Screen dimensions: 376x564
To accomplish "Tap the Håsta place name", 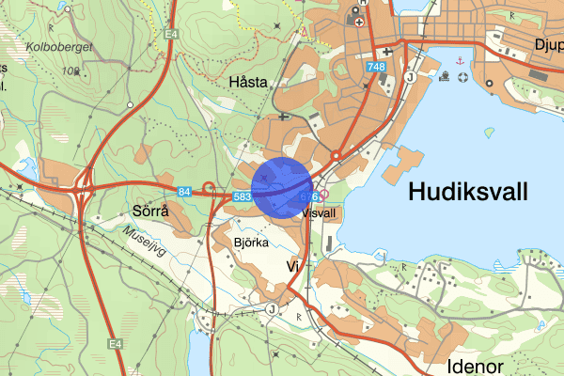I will tap(248, 83).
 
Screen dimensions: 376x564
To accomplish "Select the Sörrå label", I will tap(150, 211).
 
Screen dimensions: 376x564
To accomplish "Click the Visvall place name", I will tap(320, 213).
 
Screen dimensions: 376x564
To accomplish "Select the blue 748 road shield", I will tap(377, 67).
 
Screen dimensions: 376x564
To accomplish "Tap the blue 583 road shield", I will tap(241, 196).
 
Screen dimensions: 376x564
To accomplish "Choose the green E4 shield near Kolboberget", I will tap(170, 36).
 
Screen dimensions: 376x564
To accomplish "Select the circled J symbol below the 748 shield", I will tap(411, 78).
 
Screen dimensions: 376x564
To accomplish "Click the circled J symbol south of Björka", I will tap(272, 306).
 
